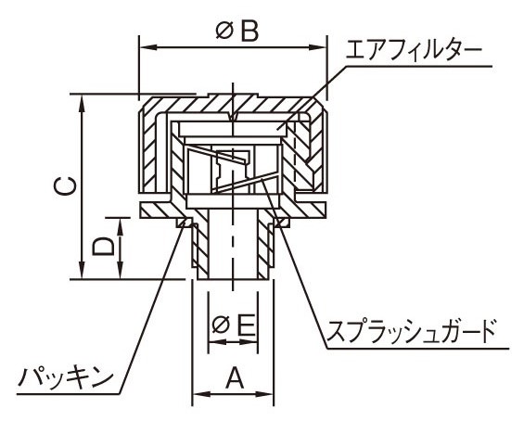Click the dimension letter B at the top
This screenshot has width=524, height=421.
249,32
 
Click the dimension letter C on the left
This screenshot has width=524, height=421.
66,185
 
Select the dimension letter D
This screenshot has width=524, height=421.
103,247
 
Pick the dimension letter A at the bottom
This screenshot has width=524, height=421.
235,378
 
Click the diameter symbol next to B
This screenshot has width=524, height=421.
224,32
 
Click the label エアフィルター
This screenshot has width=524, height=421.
414,52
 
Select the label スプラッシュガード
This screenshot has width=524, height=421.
411,331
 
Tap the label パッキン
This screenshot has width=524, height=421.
66,378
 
